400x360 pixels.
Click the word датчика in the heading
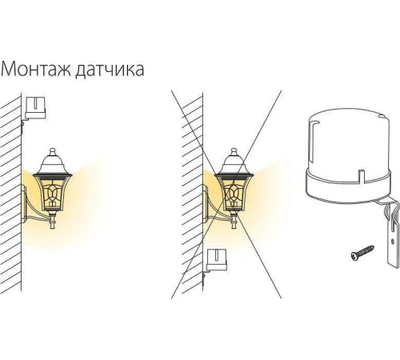tap(108, 70)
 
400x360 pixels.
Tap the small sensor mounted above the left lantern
tap(34, 108)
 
